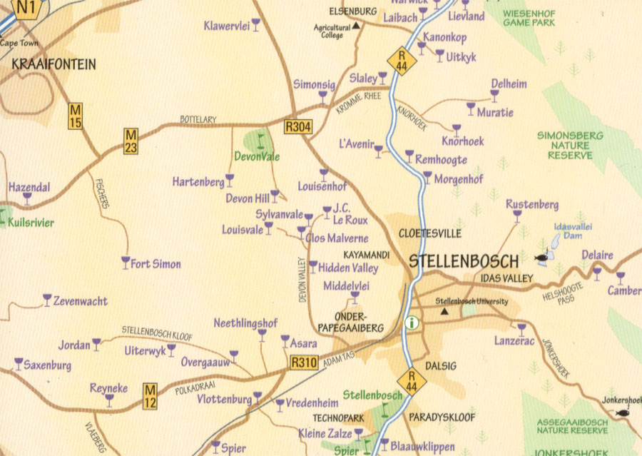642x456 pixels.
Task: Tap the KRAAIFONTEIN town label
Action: click(53, 64)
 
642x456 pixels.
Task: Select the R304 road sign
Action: click(297, 127)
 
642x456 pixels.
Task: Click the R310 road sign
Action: click(304, 362)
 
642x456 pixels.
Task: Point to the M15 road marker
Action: click(76, 116)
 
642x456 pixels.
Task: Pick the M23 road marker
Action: click(131, 141)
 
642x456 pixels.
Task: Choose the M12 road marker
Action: click(150, 396)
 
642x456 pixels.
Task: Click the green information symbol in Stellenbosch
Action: click(412, 323)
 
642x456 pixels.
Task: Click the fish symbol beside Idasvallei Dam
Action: click(542, 255)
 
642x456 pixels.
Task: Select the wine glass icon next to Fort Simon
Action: click(126, 263)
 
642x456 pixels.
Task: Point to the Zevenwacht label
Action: click(80, 301)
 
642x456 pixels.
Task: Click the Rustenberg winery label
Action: click(532, 205)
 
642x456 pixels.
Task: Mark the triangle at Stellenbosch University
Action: click(445, 312)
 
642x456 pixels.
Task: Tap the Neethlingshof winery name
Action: click(245, 323)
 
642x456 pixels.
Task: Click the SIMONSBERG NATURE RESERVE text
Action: click(570, 145)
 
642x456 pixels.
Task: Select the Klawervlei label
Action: click(226, 26)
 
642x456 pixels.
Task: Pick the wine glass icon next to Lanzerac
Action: click(521, 328)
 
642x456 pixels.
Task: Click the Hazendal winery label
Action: click(29, 187)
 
